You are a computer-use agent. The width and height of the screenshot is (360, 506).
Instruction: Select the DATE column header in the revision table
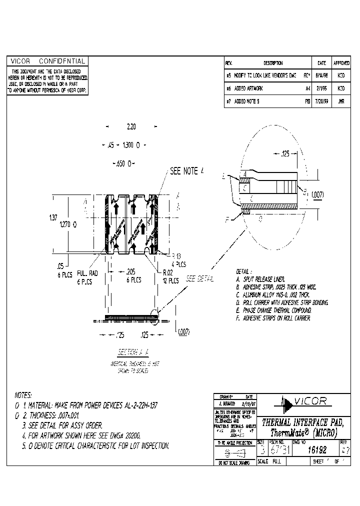click(x=321, y=63)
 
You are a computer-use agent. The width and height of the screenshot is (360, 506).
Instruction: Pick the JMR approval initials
click(x=341, y=101)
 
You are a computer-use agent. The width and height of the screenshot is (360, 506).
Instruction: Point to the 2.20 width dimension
click(x=131, y=127)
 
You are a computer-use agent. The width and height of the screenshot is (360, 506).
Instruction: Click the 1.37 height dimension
click(x=52, y=217)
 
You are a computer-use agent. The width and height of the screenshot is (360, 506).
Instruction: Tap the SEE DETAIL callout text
click(x=200, y=278)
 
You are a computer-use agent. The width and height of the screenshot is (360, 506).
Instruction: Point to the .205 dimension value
click(x=130, y=271)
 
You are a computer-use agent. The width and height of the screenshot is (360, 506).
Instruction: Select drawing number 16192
click(x=313, y=450)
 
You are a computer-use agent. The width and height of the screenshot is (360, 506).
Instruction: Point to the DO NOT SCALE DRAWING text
click(x=233, y=463)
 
